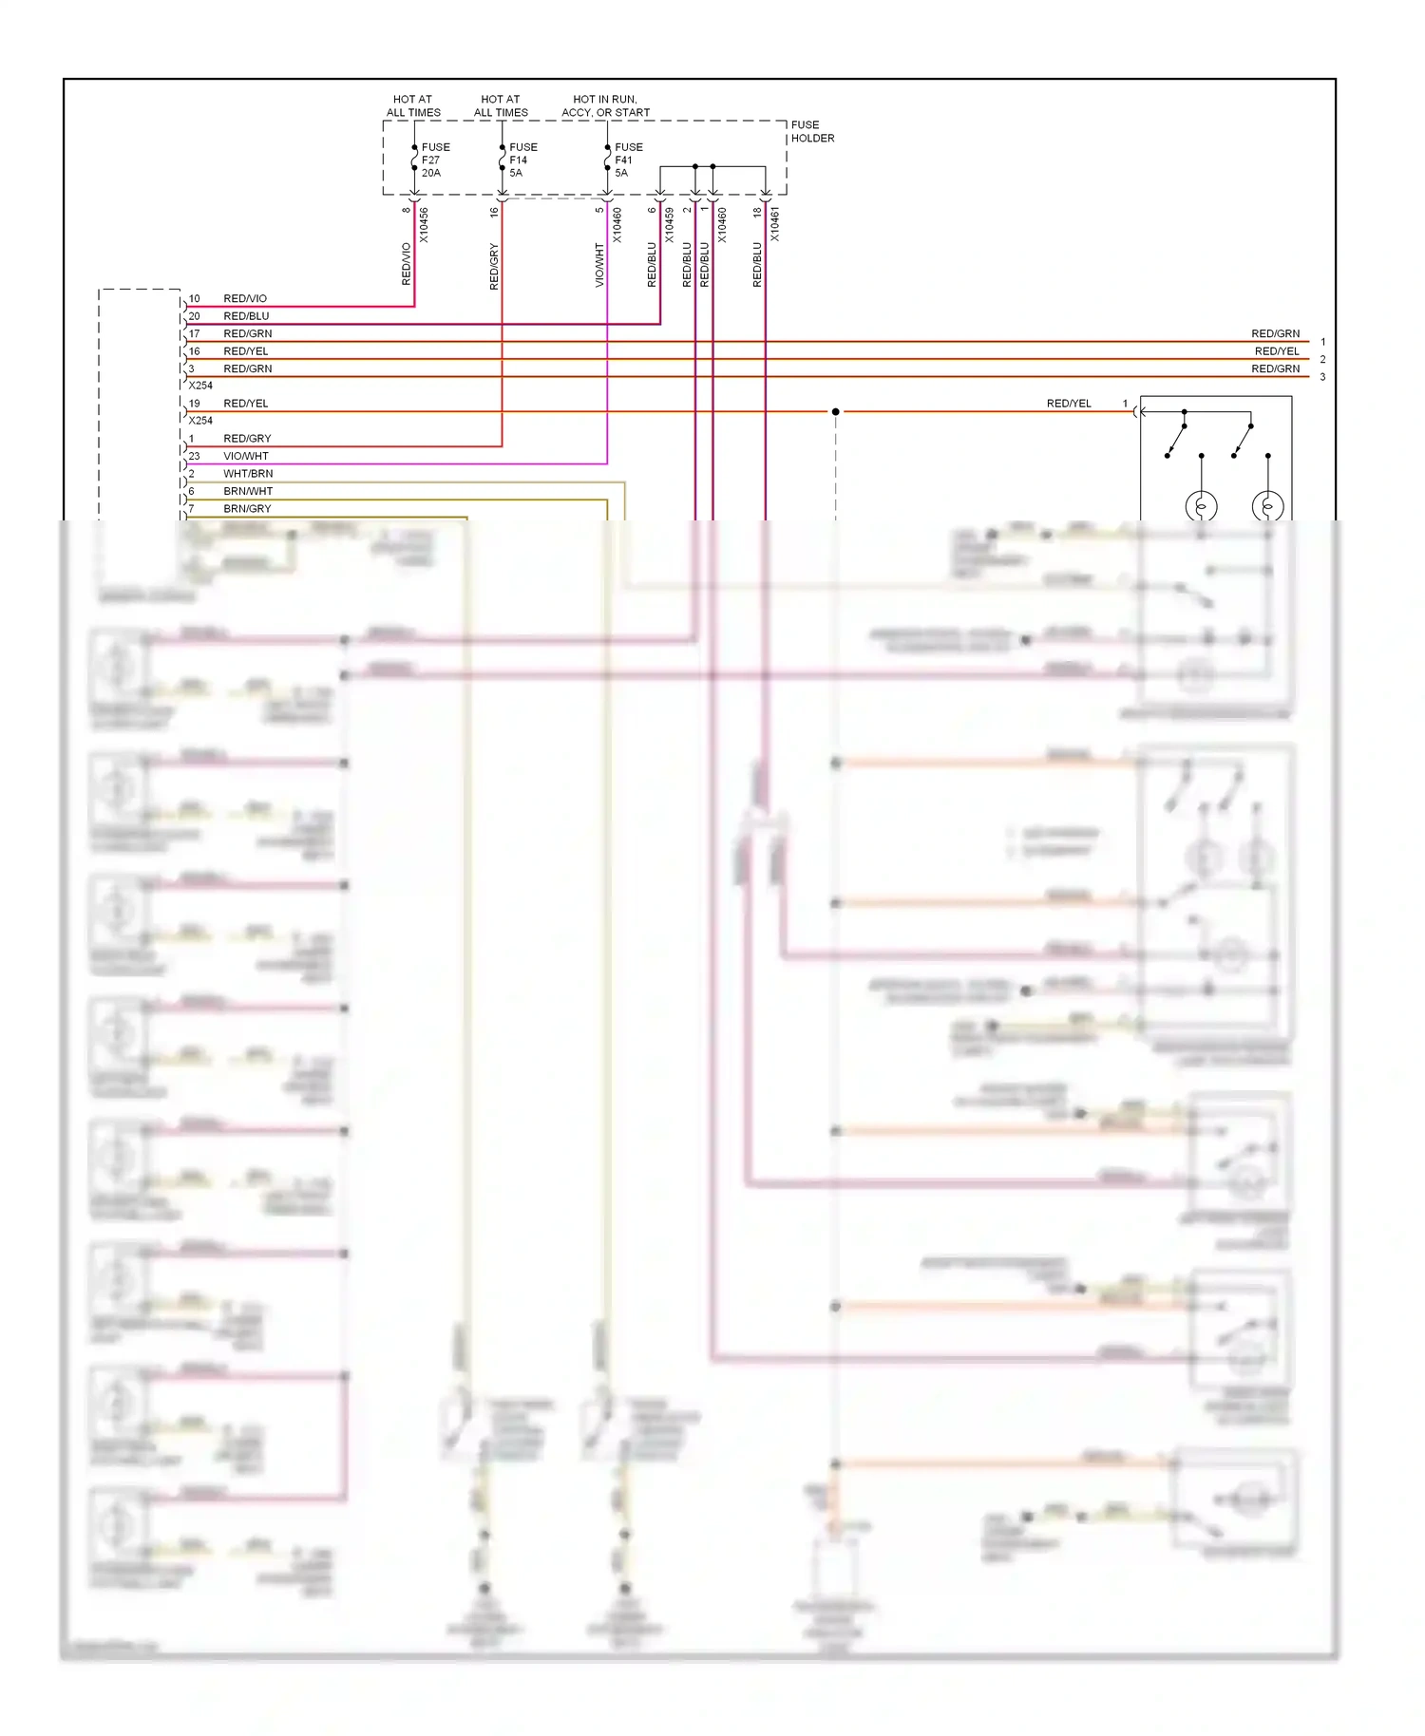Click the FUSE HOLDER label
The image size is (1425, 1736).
[x=812, y=131]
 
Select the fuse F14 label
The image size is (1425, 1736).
[x=522, y=160]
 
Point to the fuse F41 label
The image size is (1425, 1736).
[x=628, y=160]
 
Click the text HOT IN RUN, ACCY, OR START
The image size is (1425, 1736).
[x=605, y=105]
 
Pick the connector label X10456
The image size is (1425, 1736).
[x=424, y=225]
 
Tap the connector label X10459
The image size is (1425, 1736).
[x=669, y=225]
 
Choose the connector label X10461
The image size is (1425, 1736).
[x=774, y=225]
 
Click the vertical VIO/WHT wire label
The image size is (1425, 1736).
[x=599, y=265]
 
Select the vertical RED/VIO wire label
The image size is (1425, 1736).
[x=407, y=264]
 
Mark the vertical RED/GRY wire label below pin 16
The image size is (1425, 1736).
[x=494, y=266]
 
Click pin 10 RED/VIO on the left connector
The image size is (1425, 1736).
[x=245, y=298]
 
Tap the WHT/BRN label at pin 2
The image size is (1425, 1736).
[x=248, y=473]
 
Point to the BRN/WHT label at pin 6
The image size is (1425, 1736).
[x=248, y=491]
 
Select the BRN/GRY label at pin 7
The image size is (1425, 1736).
[x=247, y=508]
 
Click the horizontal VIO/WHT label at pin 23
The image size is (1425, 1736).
[x=246, y=456]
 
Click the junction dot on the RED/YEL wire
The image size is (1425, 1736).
[x=835, y=411]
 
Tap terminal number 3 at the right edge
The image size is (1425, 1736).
[x=1322, y=377]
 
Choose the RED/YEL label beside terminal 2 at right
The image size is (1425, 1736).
[x=1276, y=351]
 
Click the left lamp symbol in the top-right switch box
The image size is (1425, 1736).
[x=1201, y=506]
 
